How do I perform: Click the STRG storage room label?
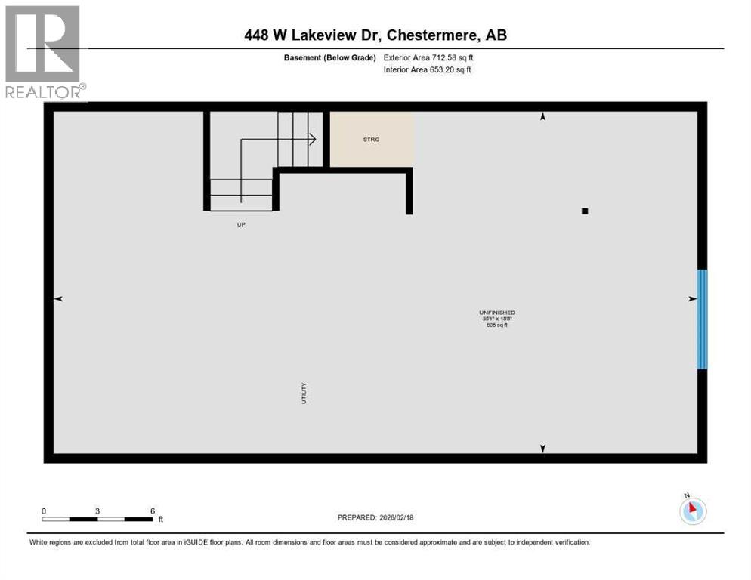[371, 139]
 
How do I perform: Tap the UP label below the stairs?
[241, 224]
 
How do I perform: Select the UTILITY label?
[304, 393]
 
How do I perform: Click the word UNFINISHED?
[496, 313]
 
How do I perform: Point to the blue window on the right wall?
[702, 319]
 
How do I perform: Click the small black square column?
[584, 211]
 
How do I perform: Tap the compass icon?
[693, 511]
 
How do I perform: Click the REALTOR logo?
[43, 53]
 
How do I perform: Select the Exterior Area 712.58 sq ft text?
[428, 57]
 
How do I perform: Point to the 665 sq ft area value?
[496, 325]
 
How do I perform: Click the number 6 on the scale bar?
[153, 511]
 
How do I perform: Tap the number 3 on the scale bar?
[97, 511]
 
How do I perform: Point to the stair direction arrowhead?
[311, 139]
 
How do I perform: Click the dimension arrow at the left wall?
[58, 299]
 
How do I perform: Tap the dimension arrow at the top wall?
[542, 117]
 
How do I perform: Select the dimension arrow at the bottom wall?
[542, 449]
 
